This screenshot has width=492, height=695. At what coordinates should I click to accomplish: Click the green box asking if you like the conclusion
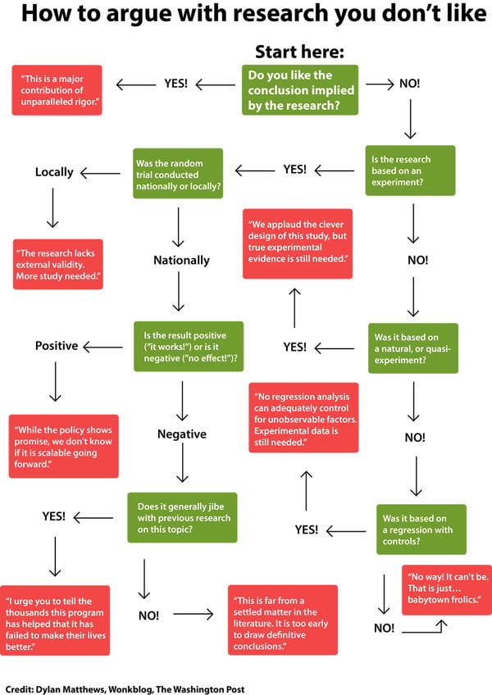[300, 90]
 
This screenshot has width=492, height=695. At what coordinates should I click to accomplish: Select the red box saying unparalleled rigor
[57, 90]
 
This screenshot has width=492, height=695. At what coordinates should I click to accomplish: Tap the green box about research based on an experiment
[410, 170]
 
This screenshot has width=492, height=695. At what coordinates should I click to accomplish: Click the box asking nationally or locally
[178, 173]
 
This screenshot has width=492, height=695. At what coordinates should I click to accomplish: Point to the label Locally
[54, 172]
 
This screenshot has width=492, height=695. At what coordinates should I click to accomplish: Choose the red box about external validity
[58, 264]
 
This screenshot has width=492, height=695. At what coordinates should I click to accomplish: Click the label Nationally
[181, 260]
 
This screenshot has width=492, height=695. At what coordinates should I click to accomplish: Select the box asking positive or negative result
[189, 347]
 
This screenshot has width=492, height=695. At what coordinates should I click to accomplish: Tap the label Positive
[57, 346]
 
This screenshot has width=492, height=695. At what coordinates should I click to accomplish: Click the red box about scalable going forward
[63, 447]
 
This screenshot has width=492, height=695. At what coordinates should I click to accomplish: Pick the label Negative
[182, 434]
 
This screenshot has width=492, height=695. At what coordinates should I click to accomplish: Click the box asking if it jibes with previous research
[182, 518]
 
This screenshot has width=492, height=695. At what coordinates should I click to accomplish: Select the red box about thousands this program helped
[55, 620]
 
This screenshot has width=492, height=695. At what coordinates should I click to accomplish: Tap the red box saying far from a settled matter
[283, 620]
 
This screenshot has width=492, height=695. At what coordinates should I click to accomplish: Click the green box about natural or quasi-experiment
[413, 348]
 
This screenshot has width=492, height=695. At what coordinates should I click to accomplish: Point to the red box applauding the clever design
[298, 243]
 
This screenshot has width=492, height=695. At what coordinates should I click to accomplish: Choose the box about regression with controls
[421, 529]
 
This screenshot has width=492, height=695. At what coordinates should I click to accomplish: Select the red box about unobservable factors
[303, 417]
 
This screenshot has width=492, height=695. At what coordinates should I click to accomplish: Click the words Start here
[299, 52]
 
